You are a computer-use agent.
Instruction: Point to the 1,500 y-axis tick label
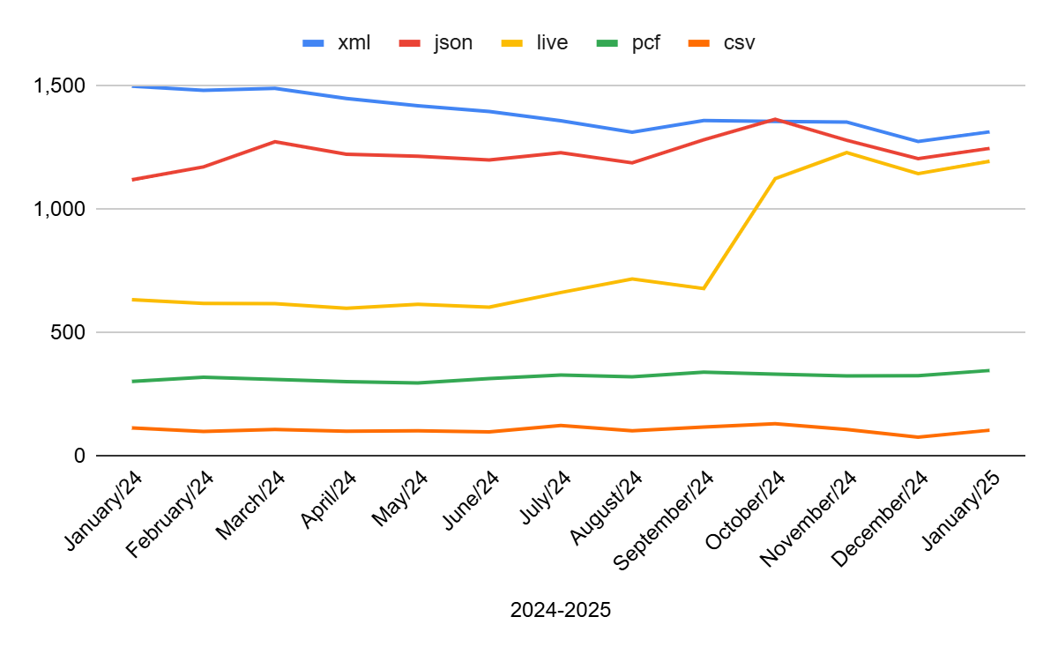[x=59, y=86]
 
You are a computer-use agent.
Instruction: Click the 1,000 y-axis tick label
[x=59, y=210]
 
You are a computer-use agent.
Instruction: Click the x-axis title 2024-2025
[x=560, y=610]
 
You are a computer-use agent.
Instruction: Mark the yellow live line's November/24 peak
[x=846, y=152]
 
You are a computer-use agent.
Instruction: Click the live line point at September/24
[x=704, y=288]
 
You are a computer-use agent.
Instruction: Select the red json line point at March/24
[x=275, y=141]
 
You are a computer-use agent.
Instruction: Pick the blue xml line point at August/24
[x=632, y=132]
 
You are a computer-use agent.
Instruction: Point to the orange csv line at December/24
[x=918, y=437]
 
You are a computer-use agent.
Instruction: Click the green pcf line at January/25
[x=989, y=370]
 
